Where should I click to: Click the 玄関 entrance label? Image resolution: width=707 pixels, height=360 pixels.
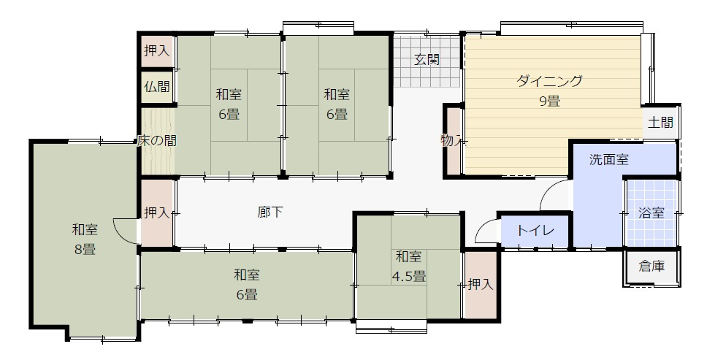[427, 60]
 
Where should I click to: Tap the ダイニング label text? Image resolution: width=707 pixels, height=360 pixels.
[549, 81]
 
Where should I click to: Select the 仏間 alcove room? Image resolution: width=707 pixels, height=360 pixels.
[156, 88]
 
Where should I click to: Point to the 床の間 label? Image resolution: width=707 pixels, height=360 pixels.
[156, 141]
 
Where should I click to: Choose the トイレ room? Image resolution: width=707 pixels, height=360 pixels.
[535, 231]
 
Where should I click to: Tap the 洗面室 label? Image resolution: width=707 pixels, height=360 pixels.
[609, 159]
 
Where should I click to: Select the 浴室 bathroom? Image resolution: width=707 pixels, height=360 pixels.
[651, 213]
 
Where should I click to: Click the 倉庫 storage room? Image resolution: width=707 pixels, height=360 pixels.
[651, 267]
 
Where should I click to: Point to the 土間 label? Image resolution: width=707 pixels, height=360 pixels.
[660, 123]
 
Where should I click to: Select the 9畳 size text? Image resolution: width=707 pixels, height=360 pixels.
[549, 102]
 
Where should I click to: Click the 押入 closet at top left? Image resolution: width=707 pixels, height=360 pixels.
[156, 50]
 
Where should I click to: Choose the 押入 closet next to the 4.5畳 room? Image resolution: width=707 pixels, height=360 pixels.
[481, 284]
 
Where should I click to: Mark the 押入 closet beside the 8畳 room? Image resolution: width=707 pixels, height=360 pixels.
[156, 213]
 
